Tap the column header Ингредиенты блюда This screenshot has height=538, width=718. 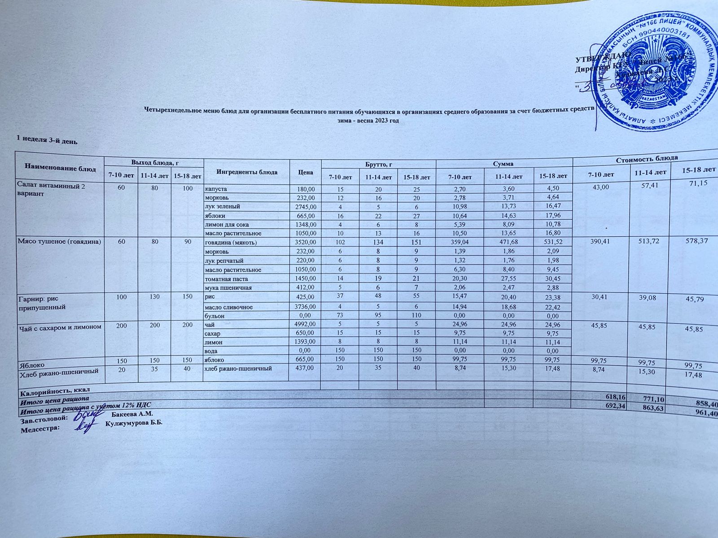[246, 172]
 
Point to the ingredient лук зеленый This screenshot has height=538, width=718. [222, 207]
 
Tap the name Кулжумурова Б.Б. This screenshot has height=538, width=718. [134, 423]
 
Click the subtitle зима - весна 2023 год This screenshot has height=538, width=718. [368, 121]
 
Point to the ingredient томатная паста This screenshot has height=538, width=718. [226, 279]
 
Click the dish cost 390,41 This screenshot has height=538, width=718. [601, 242]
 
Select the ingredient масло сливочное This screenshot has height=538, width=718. [228, 307]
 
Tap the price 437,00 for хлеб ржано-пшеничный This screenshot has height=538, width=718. [304, 368]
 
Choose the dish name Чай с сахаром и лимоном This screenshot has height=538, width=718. [59, 327]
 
